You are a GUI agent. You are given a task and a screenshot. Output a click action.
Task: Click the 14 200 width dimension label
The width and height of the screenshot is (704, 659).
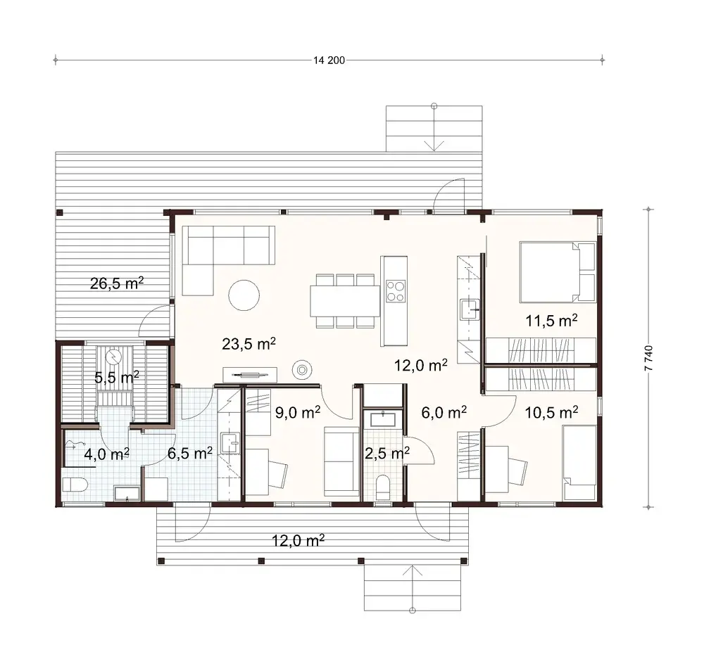tap(329, 60)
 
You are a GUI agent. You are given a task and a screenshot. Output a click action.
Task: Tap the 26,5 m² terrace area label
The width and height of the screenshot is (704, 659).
tap(117, 283)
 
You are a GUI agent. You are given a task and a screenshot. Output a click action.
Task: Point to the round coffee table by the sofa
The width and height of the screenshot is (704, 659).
tap(245, 295)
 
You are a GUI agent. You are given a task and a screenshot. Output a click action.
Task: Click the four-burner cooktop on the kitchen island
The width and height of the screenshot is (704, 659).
tap(395, 290)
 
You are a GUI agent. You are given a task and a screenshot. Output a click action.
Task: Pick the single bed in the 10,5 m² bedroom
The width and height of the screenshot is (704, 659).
tap(579, 463)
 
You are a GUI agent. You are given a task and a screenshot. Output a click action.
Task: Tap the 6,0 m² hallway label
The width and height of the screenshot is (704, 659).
tap(445, 411)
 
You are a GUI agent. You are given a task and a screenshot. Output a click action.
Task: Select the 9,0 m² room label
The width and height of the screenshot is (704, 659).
tap(297, 413)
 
